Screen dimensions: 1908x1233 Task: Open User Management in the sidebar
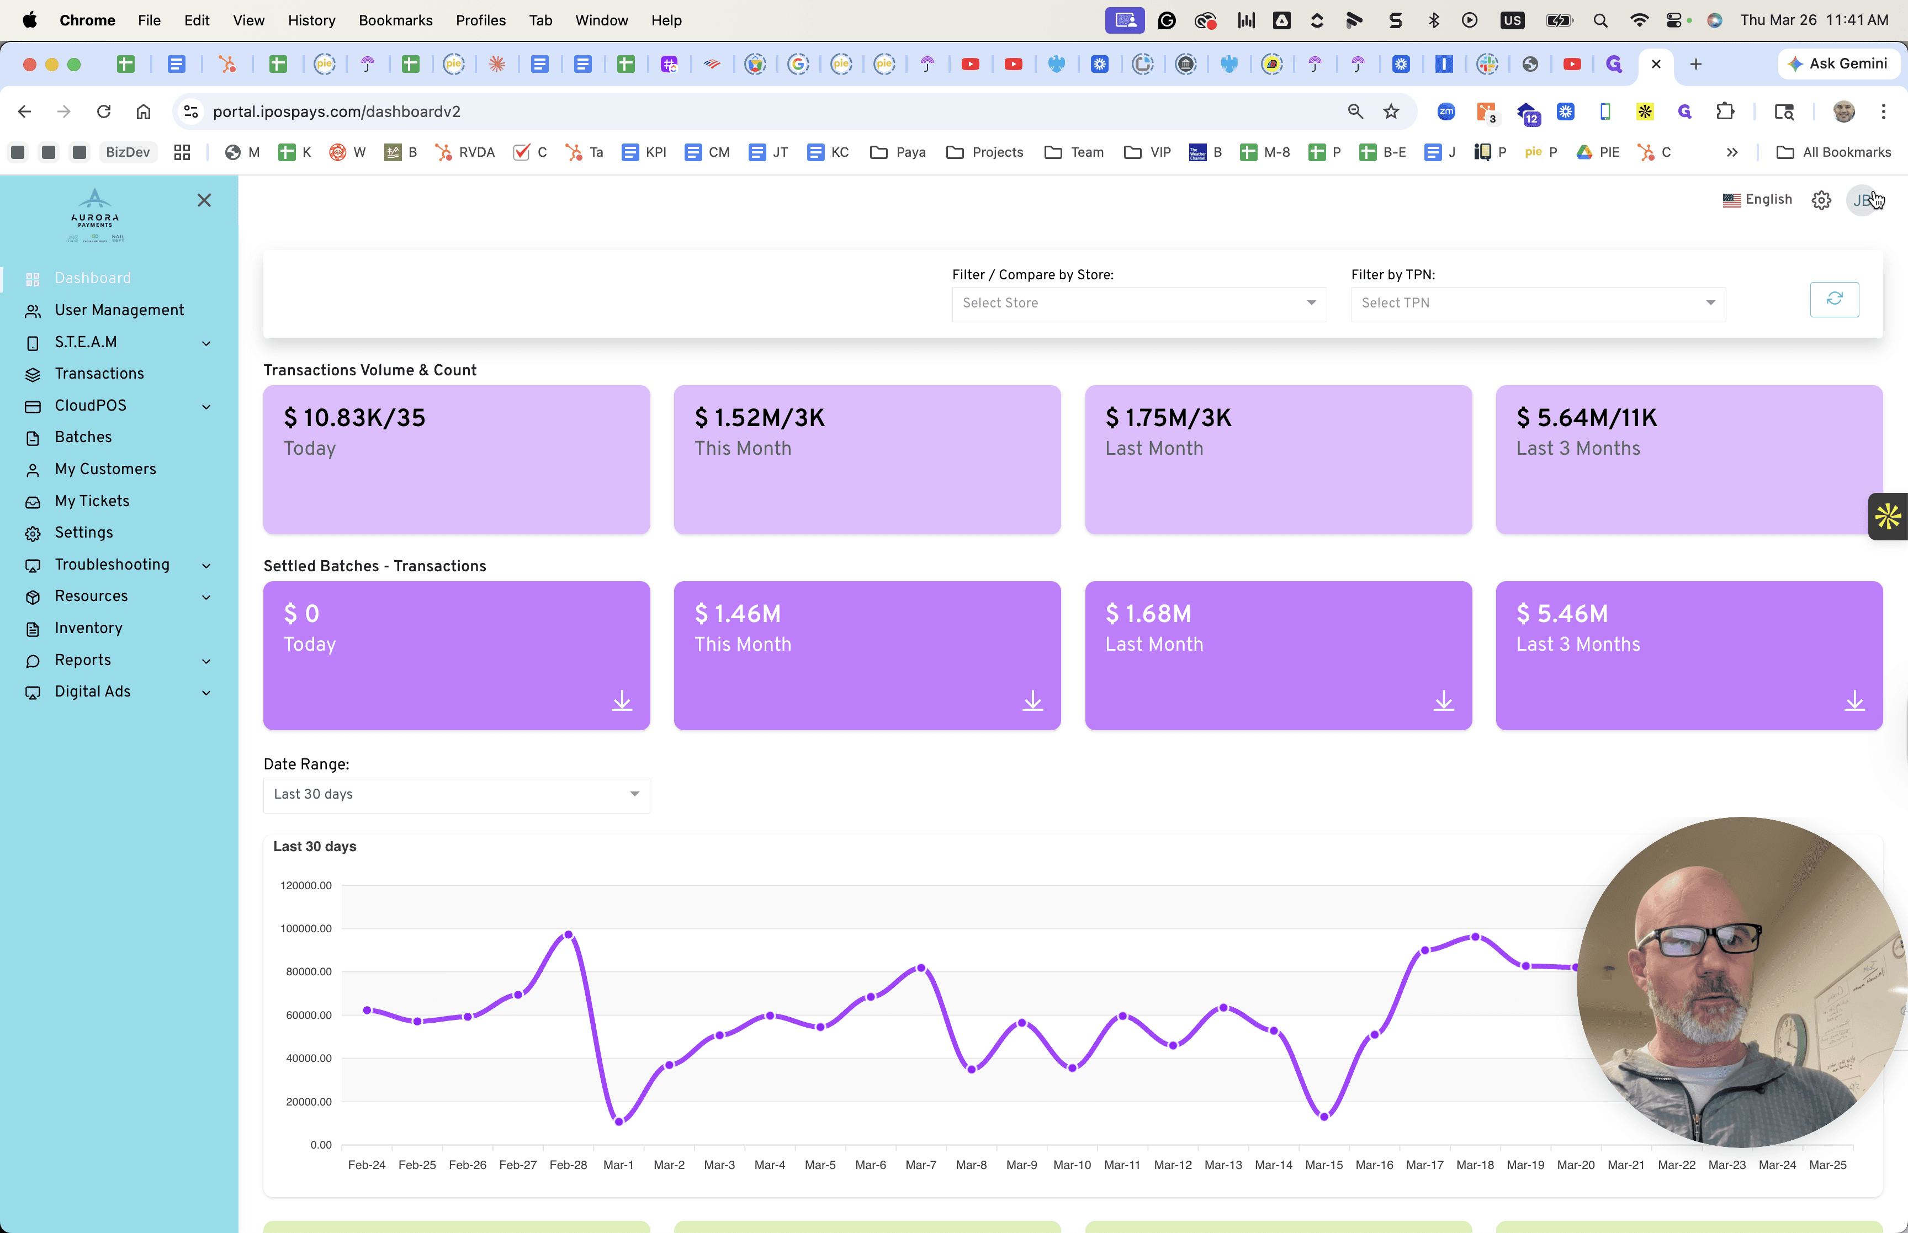click(x=119, y=310)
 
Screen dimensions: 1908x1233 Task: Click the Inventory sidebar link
click(x=88, y=628)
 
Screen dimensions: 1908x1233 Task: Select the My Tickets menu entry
click(x=92, y=501)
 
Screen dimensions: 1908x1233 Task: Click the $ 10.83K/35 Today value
click(x=354, y=417)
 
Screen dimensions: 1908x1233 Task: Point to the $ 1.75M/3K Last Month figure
click(x=1168, y=417)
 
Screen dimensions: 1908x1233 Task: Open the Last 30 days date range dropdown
click(x=457, y=794)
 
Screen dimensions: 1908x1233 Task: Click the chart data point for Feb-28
click(x=569, y=934)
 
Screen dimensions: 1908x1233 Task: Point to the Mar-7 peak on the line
click(x=921, y=968)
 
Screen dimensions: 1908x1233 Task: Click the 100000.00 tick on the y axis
click(x=306, y=929)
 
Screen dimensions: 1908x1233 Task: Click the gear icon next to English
click(x=1821, y=200)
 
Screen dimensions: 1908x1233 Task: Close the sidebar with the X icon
click(x=204, y=200)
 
